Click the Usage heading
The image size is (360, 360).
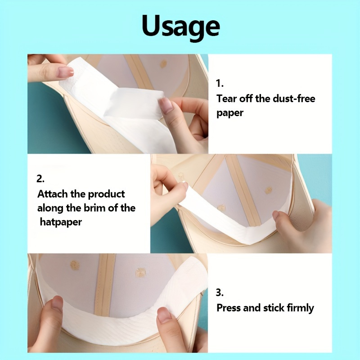(x=181, y=26)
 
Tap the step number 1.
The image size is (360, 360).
(x=220, y=83)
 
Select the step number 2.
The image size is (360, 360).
(x=40, y=179)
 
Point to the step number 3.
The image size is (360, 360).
(x=220, y=292)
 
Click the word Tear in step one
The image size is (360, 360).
(x=226, y=99)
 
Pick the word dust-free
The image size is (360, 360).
(x=294, y=99)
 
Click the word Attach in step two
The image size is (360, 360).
(x=52, y=194)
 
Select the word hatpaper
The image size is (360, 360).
(x=61, y=222)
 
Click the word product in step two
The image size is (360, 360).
(x=106, y=194)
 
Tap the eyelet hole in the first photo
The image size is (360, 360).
(x=163, y=63)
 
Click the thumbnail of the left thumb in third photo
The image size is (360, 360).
(x=57, y=302)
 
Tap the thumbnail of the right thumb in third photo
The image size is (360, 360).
(x=164, y=315)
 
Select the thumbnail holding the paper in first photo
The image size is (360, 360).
(x=166, y=105)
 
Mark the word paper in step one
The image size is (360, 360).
(x=229, y=113)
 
